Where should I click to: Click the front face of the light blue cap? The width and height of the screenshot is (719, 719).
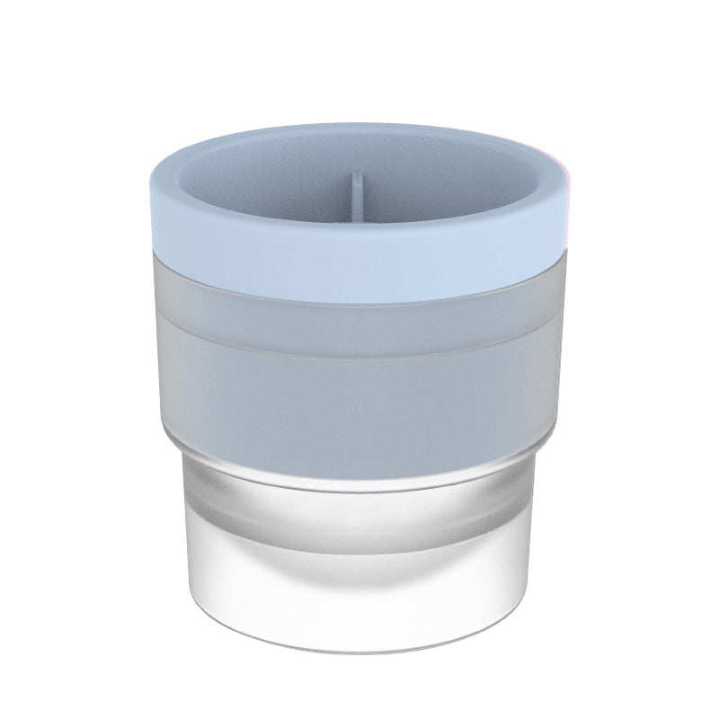click(x=359, y=270)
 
